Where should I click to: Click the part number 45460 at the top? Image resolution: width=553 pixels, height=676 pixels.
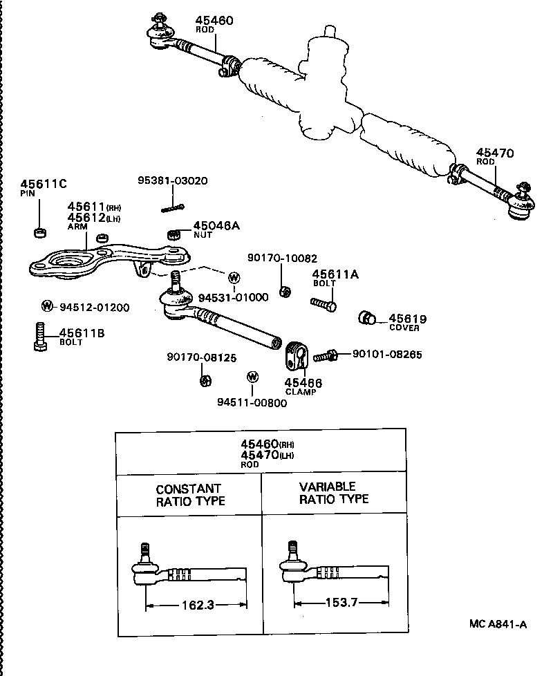coord(214,21)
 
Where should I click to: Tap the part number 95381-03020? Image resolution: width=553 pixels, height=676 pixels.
coord(173,180)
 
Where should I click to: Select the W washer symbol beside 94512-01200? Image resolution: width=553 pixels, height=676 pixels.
coord(47,306)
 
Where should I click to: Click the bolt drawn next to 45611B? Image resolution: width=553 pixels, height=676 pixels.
coord(40,337)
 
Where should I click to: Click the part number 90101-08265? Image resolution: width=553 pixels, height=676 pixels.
coord(386,355)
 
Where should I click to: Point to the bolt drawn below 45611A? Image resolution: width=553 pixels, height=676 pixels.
coord(323,303)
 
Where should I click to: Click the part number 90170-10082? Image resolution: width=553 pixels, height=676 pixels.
coord(282,258)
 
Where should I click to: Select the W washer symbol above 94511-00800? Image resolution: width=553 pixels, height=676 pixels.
coord(252,377)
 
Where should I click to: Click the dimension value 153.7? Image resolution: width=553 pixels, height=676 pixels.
coord(341,603)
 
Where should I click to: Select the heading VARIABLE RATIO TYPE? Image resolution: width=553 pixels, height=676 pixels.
coord(334,493)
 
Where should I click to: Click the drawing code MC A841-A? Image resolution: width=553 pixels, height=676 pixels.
coord(498,624)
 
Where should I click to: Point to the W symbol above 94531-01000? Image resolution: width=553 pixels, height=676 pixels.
coord(233,278)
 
